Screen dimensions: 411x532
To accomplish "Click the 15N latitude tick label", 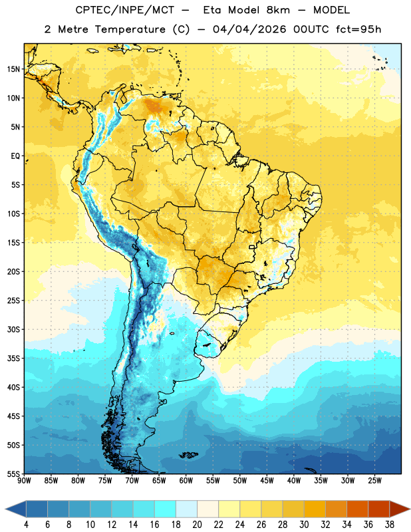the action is [13, 69].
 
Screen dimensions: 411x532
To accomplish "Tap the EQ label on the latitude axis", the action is [15, 156].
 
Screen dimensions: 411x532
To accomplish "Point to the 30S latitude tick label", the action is [13, 329].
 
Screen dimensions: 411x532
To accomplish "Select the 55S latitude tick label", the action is [13, 474].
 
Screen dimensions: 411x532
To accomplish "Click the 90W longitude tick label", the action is [24, 481].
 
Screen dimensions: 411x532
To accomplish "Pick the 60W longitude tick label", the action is [186, 481].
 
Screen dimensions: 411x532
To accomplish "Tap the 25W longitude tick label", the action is [374, 481].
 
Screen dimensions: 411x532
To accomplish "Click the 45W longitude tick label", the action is [267, 481].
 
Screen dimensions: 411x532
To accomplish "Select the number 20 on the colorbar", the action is [197, 525].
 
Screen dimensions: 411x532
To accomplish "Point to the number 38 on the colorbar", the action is [389, 525].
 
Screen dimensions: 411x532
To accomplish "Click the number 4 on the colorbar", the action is [26, 525].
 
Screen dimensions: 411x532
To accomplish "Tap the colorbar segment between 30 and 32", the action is [315, 509].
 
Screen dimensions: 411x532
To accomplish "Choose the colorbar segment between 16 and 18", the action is [165, 509].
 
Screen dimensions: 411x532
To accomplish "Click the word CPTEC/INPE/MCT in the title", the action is [125, 10].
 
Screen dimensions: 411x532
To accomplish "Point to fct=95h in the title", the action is [358, 29].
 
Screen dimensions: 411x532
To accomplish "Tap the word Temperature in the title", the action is [130, 29].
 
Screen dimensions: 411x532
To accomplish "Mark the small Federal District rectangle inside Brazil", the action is [252, 247].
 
